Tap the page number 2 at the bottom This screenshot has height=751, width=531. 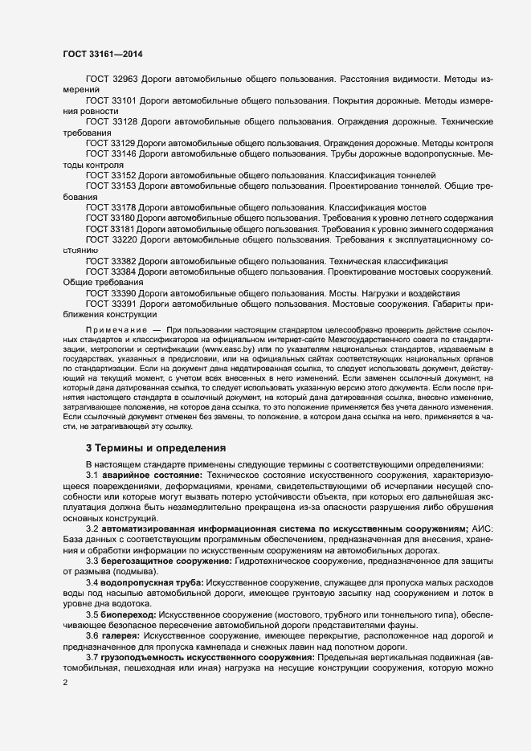click(x=65, y=684)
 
